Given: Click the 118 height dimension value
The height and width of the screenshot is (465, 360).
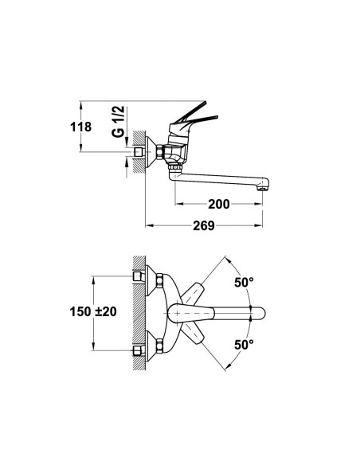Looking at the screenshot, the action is pyautogui.click(x=80, y=127).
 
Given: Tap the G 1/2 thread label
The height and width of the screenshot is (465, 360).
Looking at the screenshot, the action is pyautogui.click(x=118, y=121).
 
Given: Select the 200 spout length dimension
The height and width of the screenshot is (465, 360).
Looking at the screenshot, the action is pyautogui.click(x=219, y=204).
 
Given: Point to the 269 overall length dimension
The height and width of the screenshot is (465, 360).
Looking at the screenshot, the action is pyautogui.click(x=204, y=225).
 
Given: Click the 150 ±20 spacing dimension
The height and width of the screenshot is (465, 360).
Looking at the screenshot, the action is pyautogui.click(x=93, y=311).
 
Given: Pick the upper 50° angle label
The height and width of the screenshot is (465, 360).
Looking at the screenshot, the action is pyautogui.click(x=244, y=282).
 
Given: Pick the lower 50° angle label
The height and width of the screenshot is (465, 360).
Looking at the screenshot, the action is pyautogui.click(x=244, y=345).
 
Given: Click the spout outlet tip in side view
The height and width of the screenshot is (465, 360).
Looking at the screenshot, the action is pyautogui.click(x=264, y=188).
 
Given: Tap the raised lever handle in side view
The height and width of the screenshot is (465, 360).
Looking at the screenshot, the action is pyautogui.click(x=190, y=112).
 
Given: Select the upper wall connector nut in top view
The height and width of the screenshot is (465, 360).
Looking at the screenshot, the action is pyautogui.click(x=159, y=280).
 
